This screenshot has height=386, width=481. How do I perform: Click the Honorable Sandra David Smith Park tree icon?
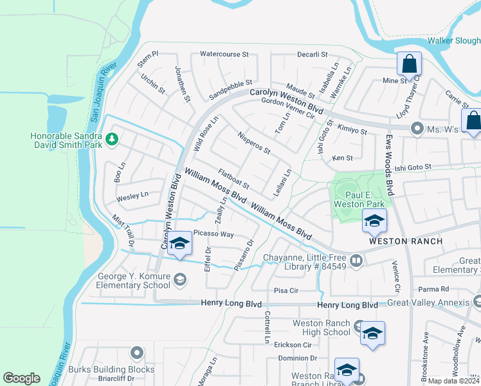pyautogui.click(x=112, y=138)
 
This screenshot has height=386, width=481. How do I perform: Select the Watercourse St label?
pyautogui.click(x=224, y=55)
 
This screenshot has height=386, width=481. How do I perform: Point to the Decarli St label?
pyautogui.click(x=313, y=55)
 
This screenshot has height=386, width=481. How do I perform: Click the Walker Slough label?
pyautogui.click(x=454, y=41)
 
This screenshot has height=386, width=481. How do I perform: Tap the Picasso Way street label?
pyautogui.click(x=213, y=234)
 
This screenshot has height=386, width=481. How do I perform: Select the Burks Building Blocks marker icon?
pyautogui.click(x=136, y=353)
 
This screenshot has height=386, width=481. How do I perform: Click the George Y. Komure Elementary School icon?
pyautogui.click(x=181, y=279)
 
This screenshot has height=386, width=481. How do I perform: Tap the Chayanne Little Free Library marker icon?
pyautogui.click(x=356, y=261)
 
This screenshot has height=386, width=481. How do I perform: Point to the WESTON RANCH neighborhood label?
pyautogui.click(x=405, y=241)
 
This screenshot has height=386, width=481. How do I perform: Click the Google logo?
pyautogui.click(x=21, y=378)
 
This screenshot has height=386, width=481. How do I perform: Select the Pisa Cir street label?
pyautogui.click(x=286, y=291)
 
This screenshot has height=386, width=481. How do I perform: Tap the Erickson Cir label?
pyautogui.click(x=293, y=345)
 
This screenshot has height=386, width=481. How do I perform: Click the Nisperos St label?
pyautogui.click(x=253, y=143)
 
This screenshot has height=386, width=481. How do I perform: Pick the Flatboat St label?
pyautogui.click(x=233, y=179)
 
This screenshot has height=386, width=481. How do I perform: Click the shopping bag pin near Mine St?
pyautogui.click(x=409, y=65)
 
